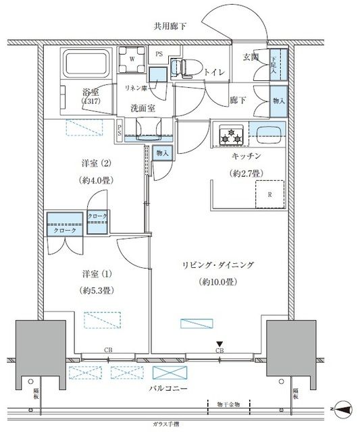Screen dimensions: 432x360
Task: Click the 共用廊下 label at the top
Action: (x=170, y=27)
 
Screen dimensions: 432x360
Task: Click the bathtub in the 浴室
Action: (x=86, y=66)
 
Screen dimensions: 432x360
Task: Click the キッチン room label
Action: (x=247, y=156)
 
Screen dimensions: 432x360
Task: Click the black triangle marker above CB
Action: (x=220, y=344)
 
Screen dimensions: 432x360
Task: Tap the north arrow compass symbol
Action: (x=343, y=408)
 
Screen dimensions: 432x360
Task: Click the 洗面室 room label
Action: (x=143, y=107)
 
